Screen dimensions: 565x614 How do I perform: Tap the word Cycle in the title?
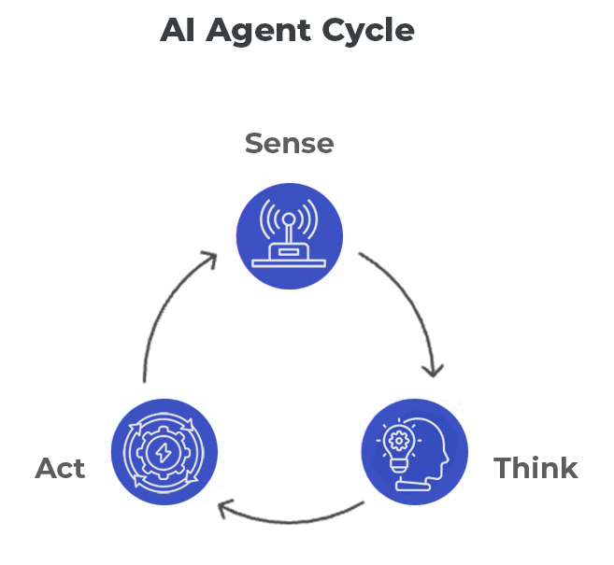[365, 31]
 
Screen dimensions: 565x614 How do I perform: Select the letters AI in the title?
[178, 30]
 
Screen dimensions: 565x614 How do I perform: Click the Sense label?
[289, 143]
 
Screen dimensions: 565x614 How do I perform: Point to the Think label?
[535, 467]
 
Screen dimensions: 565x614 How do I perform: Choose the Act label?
[61, 467]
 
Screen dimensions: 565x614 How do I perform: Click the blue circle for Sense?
[290, 236]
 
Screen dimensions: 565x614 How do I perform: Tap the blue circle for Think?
[414, 452]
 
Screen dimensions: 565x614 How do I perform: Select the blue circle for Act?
[164, 452]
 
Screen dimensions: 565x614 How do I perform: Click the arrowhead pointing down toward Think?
[432, 370]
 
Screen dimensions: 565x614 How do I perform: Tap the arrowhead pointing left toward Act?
[224, 509]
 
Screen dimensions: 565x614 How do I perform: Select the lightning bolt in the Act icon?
[164, 453]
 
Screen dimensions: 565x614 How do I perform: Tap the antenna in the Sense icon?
[290, 224]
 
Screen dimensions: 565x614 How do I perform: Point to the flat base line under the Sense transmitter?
[290, 263]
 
